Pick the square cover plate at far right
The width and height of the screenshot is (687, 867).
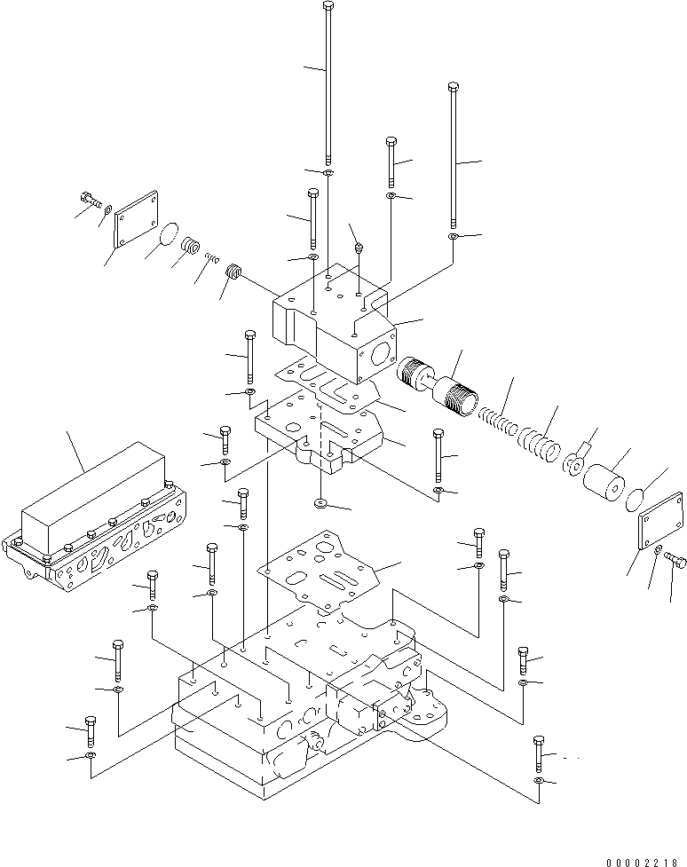click(660, 531)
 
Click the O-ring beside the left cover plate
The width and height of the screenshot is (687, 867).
click(166, 235)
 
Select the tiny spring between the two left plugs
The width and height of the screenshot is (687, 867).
click(211, 258)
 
